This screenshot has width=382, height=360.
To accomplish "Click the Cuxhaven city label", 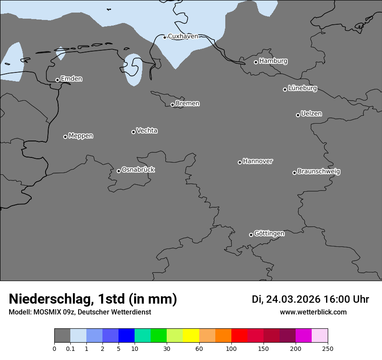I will click(183, 36).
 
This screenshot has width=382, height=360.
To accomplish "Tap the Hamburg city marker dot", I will click(256, 62).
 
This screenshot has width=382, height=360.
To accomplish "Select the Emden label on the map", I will click(71, 79).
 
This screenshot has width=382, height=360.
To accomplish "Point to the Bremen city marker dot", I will click(172, 105).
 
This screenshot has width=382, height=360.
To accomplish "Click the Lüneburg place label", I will click(302, 88).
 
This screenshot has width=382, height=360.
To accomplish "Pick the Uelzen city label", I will click(311, 114).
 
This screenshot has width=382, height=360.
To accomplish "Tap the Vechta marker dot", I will click(133, 132).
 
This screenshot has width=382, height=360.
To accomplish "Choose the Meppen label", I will click(81, 136).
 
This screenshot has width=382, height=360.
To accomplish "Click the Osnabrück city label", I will click(138, 170).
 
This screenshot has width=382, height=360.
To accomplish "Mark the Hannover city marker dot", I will click(240, 162).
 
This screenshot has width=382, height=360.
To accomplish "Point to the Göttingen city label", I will click(269, 234).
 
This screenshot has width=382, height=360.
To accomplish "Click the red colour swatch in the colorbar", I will click(239, 336).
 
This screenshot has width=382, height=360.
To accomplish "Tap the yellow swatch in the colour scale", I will click(191, 336).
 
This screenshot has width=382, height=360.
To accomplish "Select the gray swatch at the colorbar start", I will click(62, 336).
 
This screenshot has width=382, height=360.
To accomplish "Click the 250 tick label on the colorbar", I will click(328, 348).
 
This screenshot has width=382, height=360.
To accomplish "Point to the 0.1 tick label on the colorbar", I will click(70, 348).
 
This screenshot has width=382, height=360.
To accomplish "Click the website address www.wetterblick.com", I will click(313, 312).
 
